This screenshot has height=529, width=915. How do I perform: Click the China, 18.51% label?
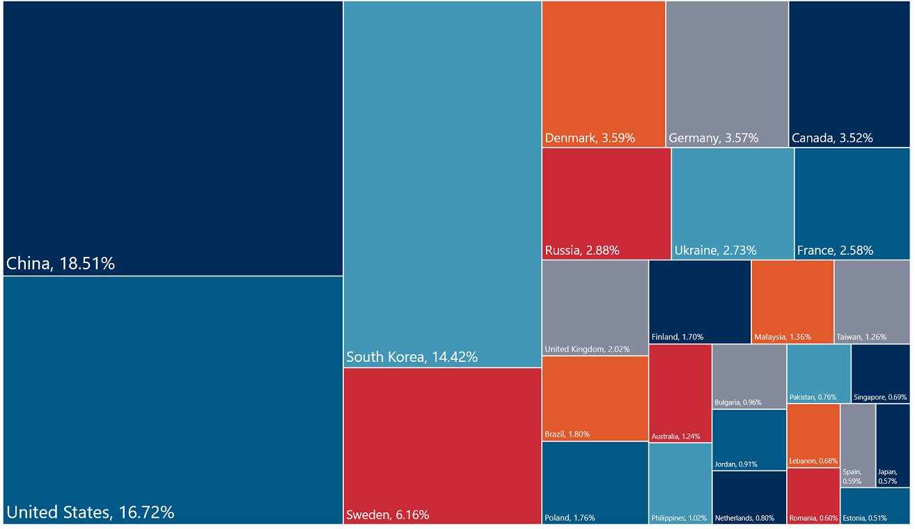tap(61, 264)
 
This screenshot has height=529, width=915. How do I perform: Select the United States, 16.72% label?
tap(90, 513)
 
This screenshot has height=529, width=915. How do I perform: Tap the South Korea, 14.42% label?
tap(412, 357)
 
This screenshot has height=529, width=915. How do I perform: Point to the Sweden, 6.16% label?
tap(387, 515)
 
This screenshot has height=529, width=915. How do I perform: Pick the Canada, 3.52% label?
tap(832, 138)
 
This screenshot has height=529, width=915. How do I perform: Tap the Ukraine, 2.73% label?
tap(715, 251)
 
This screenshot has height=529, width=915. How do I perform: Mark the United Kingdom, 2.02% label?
tap(587, 349)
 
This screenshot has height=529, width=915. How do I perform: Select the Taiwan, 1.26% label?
tap(861, 337)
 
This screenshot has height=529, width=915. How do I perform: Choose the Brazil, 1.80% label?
tap(567, 434)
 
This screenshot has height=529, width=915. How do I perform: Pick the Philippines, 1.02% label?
tap(679, 518)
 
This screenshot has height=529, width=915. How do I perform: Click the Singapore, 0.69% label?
tap(880, 397)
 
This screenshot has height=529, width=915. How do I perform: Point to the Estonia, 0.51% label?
tap(865, 518)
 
